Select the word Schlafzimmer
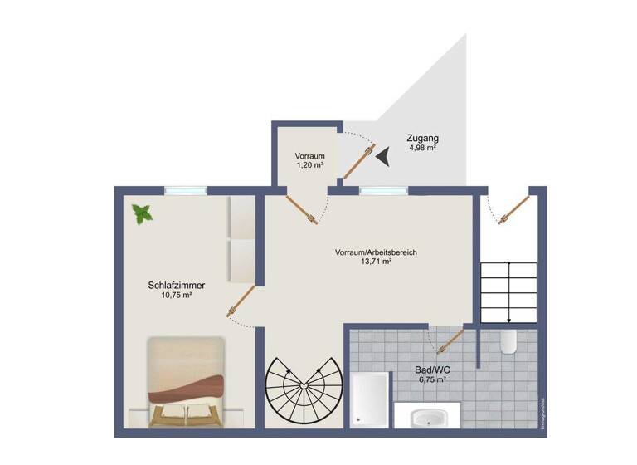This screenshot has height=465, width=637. (x=176, y=285)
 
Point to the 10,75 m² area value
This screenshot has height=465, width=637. (x=176, y=296)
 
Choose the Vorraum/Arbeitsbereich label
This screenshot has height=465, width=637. (x=375, y=252)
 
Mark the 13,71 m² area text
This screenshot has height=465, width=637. (x=375, y=262)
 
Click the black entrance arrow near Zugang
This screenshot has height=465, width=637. (x=384, y=155)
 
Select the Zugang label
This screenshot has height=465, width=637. (x=422, y=138)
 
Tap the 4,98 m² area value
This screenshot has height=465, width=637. (x=422, y=148)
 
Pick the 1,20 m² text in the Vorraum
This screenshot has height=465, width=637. (x=309, y=165)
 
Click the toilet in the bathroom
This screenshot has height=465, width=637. (x=509, y=341)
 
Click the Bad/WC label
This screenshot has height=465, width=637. (x=432, y=370)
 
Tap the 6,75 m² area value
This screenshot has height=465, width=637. (x=432, y=380)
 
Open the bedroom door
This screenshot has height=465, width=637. (x=241, y=301)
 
